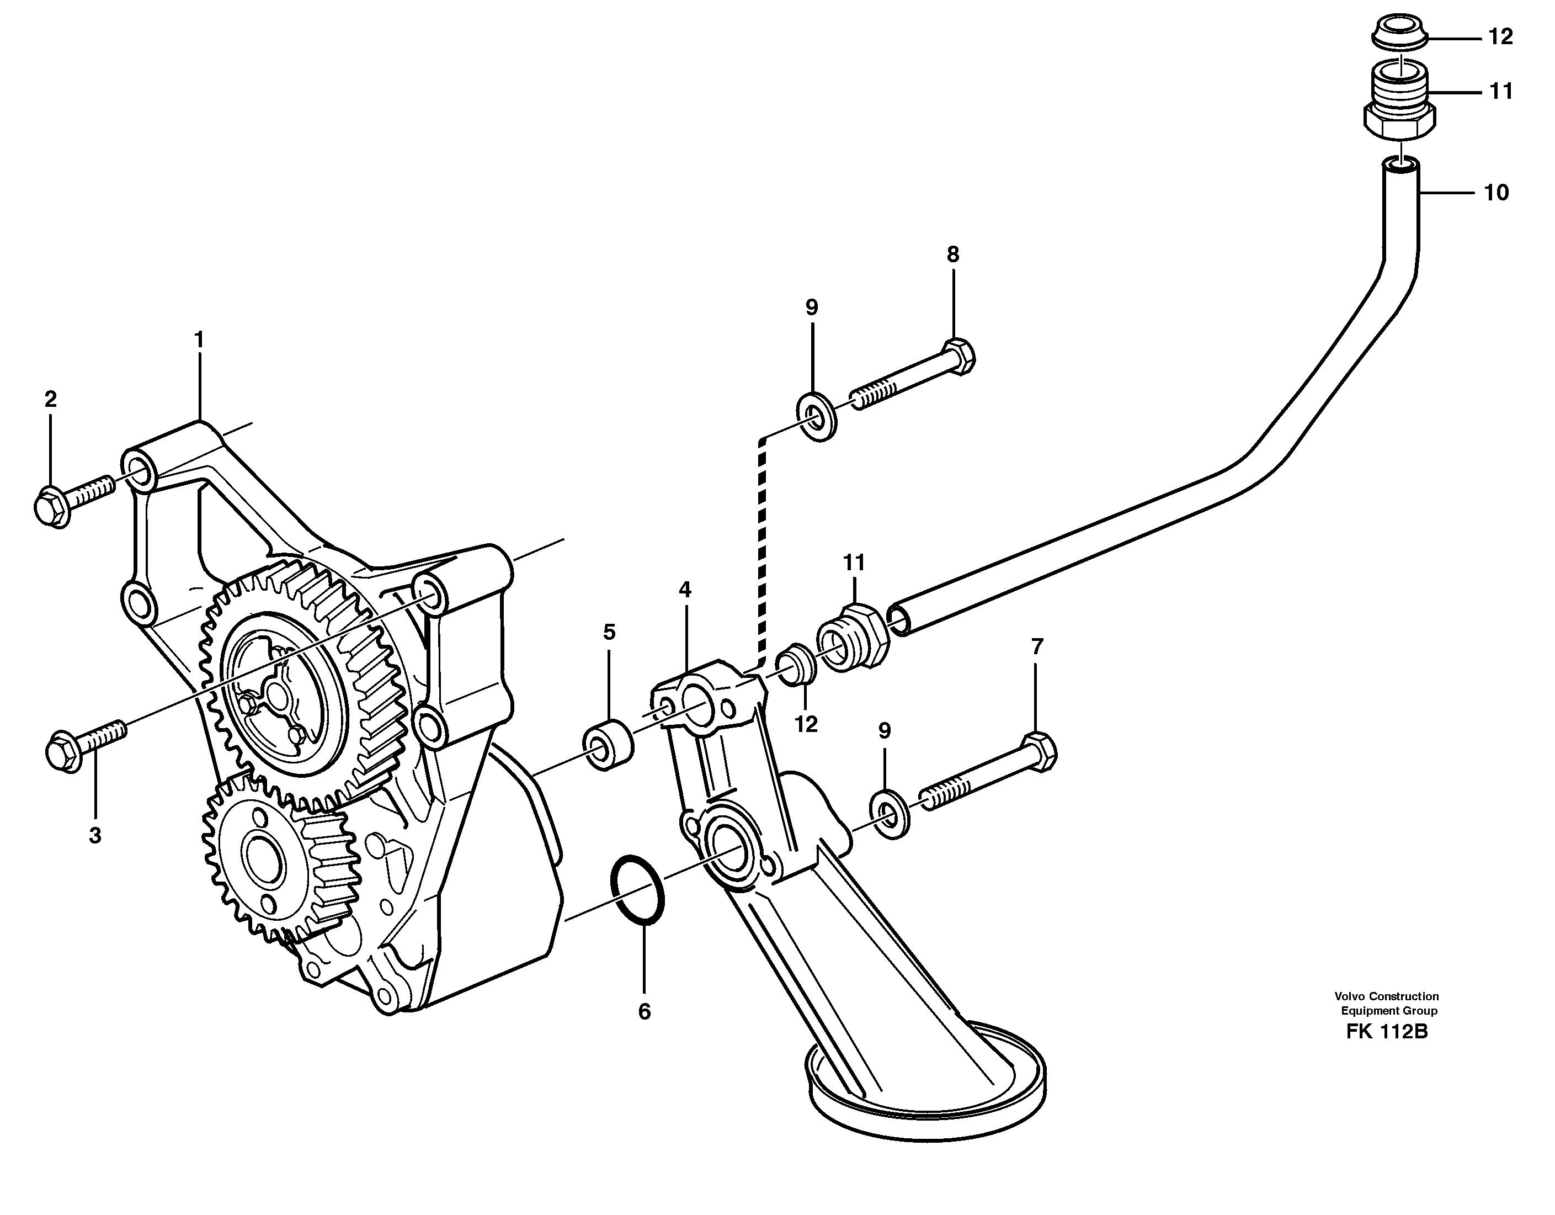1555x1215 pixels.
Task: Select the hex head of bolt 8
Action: tap(958, 356)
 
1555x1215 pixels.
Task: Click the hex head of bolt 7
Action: tap(1040, 751)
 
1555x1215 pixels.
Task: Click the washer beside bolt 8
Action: tap(817, 415)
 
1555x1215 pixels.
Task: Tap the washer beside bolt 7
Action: tap(890, 812)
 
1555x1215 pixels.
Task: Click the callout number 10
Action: tap(1496, 193)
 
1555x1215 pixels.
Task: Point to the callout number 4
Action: tap(684, 590)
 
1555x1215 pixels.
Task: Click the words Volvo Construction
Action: tap(1386, 996)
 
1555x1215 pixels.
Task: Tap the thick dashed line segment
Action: tap(763, 548)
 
